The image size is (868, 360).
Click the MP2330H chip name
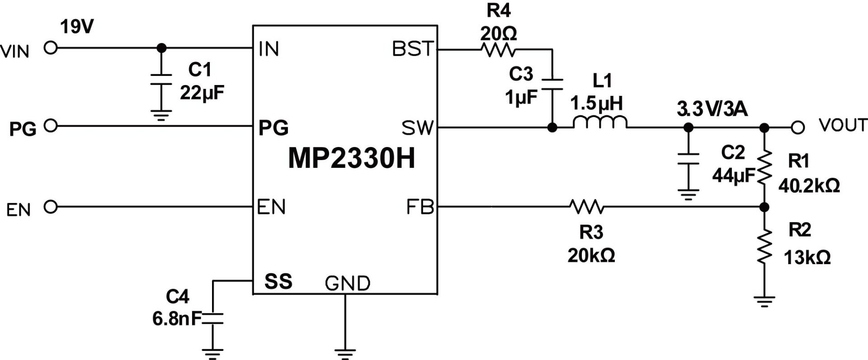351,159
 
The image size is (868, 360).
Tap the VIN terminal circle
51,47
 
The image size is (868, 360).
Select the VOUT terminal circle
798,128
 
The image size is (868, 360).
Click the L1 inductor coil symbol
600,123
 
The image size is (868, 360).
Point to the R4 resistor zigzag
498,49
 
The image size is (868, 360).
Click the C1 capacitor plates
161,79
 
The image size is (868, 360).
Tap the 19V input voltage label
77,27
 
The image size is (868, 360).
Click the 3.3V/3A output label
712,109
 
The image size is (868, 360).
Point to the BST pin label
413,49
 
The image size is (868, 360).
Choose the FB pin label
420,207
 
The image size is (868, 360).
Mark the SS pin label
278,281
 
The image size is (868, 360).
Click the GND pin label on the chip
347,284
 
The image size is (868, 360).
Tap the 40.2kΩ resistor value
809,185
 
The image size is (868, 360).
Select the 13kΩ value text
807,258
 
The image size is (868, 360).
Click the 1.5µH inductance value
596,104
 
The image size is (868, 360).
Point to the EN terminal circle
51,207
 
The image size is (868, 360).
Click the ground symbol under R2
764,301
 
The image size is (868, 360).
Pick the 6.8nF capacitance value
176,319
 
